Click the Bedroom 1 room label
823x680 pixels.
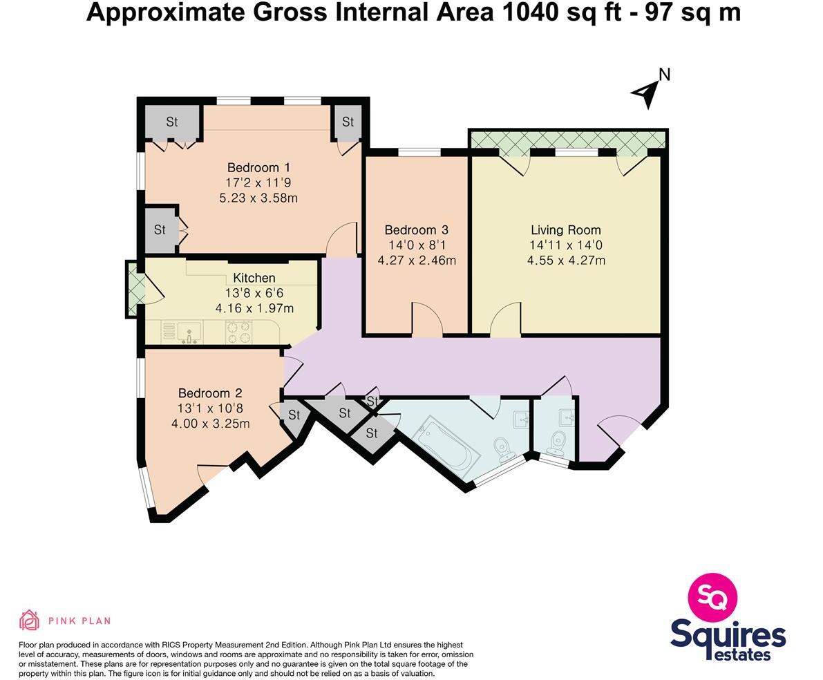tap(258, 167)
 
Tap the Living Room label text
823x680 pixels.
tap(565, 229)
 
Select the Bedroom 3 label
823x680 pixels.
tap(417, 229)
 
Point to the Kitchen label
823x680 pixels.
tap(254, 278)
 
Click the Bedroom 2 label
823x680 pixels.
tap(210, 393)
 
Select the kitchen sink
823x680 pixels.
tap(188, 333)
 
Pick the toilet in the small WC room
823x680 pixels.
tap(558, 440)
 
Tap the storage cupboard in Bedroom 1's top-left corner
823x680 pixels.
tap(172, 122)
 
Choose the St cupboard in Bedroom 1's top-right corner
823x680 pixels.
tap(348, 122)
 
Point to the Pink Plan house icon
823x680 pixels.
tap(29, 620)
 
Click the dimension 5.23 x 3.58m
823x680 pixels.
tap(258, 198)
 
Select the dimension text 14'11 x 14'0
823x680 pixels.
tap(565, 245)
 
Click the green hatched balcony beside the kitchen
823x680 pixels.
tap(134, 289)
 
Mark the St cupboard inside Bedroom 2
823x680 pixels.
tap(293, 416)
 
